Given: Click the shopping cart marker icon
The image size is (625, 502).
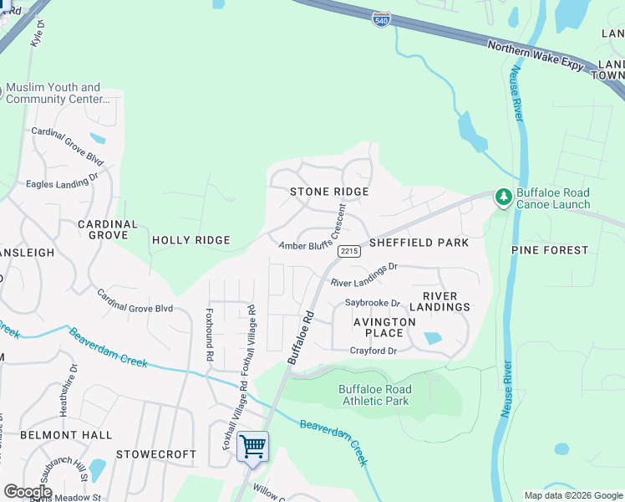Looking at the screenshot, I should coord(252,446).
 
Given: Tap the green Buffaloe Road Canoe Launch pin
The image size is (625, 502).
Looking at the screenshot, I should coord(503,197).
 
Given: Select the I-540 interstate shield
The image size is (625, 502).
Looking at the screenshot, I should coord(381,18).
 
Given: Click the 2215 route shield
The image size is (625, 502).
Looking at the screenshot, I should coord(348,251).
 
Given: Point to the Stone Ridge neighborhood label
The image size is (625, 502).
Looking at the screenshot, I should coord(329,192).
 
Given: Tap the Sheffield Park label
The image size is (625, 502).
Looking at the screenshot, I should coord(419,243).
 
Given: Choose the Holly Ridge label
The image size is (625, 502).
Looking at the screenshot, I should coord(191,240).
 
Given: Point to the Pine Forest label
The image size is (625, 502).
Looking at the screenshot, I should coord(550,250).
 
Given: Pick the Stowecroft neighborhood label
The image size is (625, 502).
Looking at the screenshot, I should coord(156,454).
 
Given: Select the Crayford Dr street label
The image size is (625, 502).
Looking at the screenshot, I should coord(373,351).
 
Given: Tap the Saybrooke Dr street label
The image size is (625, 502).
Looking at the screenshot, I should coord(373,304).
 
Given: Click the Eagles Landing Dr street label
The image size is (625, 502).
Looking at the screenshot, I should coord(62,180).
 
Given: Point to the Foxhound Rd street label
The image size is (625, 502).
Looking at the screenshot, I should coord(210,336).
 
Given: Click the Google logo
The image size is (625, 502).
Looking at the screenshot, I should coord(28,492).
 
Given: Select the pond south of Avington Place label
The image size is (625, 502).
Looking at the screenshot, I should coord(432,339).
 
